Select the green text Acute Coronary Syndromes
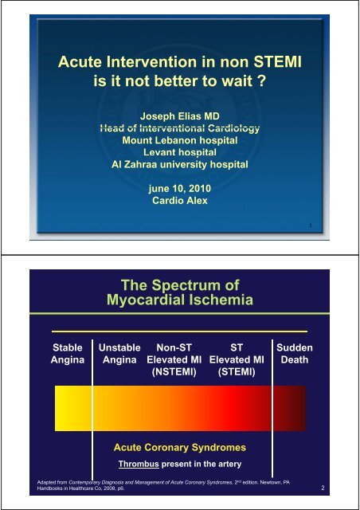[178, 447]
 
